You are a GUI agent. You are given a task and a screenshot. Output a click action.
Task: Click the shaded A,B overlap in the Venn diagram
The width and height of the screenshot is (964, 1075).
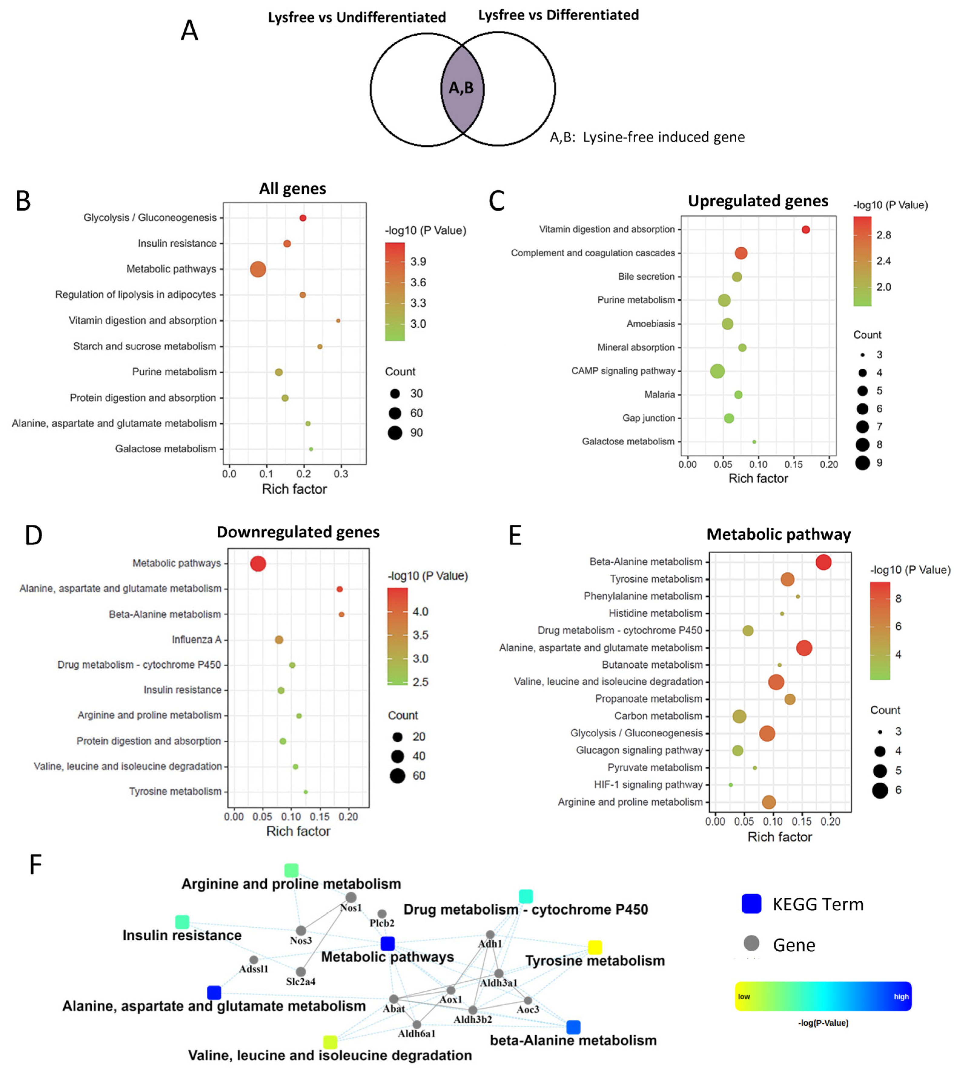(x=462, y=88)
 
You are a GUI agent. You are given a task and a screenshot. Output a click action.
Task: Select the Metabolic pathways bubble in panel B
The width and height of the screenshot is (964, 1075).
(x=258, y=270)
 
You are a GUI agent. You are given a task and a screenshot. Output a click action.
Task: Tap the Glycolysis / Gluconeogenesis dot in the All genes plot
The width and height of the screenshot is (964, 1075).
(x=303, y=218)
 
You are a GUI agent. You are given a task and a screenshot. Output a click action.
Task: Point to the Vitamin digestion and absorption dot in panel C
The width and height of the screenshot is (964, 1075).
(x=806, y=230)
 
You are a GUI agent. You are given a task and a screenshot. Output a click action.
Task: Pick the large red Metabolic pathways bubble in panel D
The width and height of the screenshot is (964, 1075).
(x=258, y=564)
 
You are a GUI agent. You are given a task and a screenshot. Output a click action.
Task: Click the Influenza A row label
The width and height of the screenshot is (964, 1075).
(x=196, y=640)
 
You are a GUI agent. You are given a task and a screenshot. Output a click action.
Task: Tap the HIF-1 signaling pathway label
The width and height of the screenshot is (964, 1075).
(x=648, y=784)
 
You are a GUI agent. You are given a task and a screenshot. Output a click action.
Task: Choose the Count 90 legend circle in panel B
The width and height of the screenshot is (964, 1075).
(x=395, y=433)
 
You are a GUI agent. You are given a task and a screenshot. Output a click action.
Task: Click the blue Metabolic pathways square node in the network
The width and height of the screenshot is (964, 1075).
(x=388, y=943)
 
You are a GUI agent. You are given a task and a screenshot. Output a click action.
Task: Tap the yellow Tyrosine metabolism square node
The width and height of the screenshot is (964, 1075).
(x=595, y=947)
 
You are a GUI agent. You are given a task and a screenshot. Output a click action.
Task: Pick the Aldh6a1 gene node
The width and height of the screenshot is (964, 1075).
(x=417, y=1025)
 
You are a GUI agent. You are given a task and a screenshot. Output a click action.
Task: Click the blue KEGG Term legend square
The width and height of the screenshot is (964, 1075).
(x=751, y=904)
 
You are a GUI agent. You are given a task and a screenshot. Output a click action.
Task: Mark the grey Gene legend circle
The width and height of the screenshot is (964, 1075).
(x=751, y=943)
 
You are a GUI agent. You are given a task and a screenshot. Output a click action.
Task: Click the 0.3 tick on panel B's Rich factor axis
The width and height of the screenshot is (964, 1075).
(x=341, y=474)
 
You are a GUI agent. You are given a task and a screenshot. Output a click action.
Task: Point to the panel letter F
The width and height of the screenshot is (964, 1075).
(x=35, y=865)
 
